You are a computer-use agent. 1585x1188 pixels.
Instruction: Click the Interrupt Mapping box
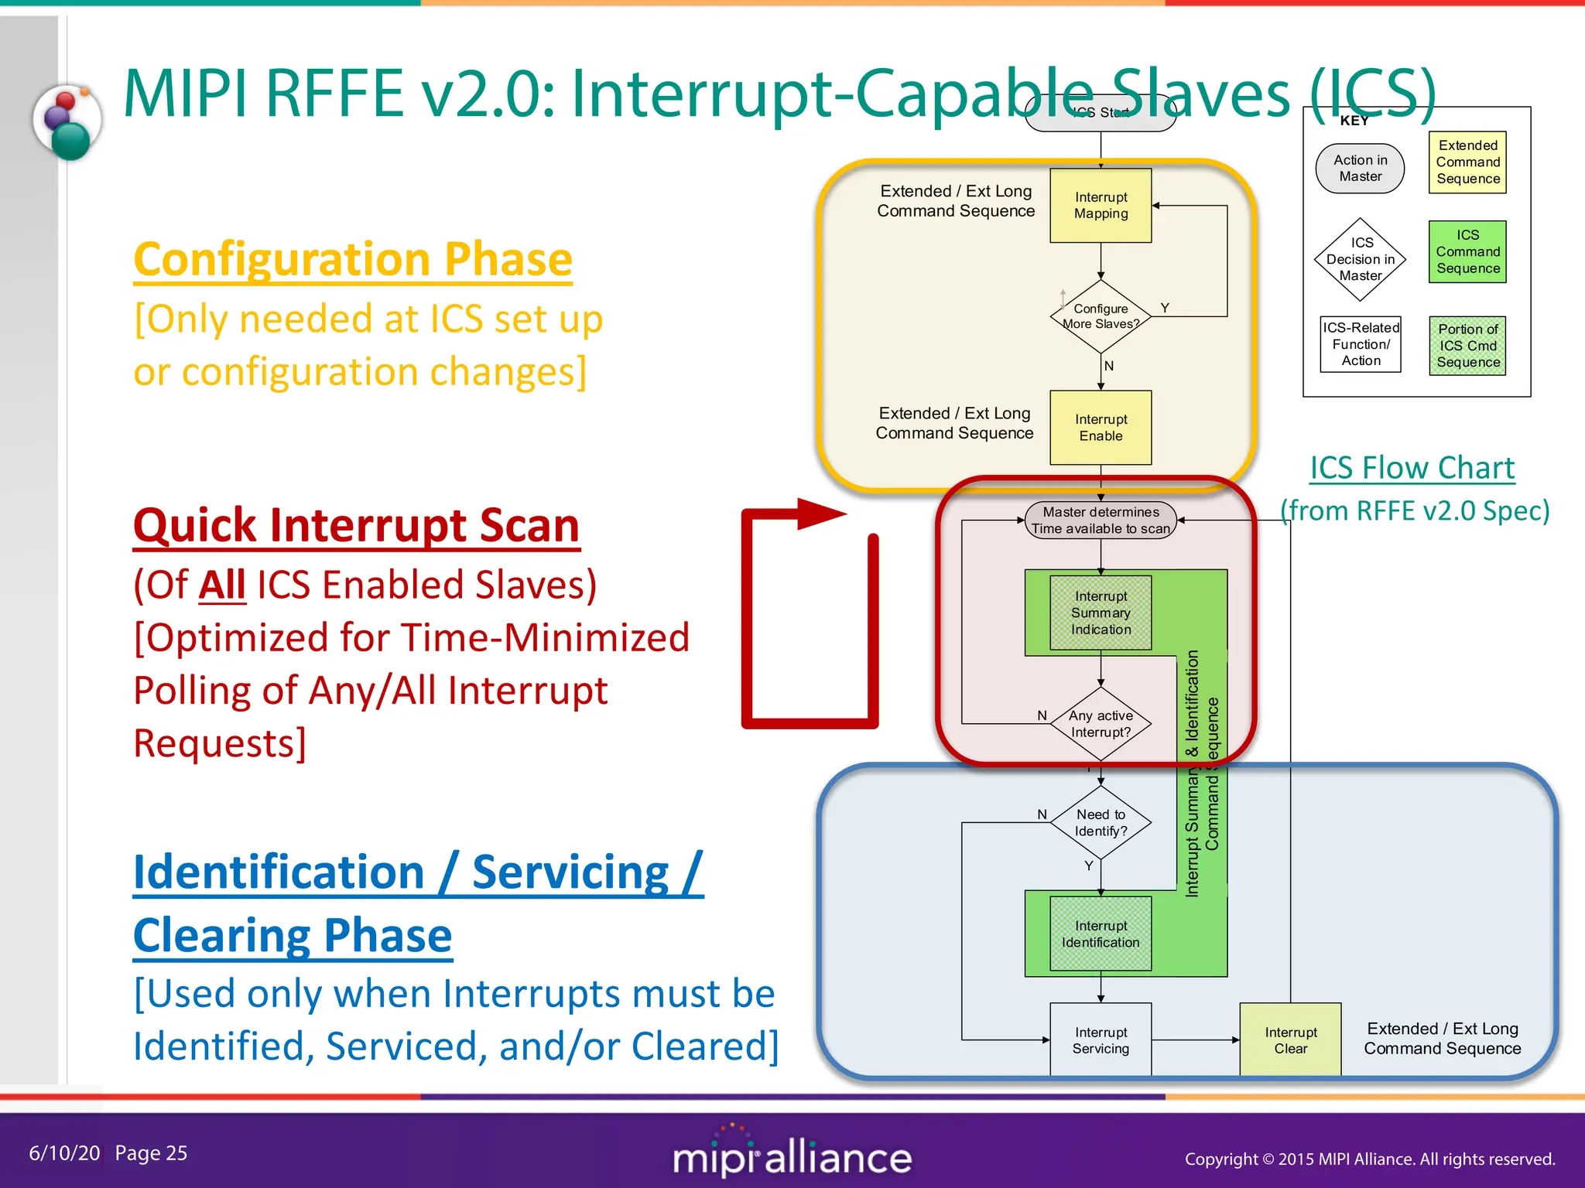tap(1100, 206)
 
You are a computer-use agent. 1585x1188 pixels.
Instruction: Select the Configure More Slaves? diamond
tap(1100, 316)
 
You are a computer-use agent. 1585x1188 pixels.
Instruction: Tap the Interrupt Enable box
tap(1100, 428)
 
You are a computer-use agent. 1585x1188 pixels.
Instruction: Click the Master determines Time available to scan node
tap(1100, 521)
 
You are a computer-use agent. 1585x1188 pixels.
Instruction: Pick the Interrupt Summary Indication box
tap(1100, 613)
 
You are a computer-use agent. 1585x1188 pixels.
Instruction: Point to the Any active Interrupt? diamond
tap(1100, 724)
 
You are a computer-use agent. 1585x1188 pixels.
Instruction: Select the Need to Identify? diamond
tap(1100, 823)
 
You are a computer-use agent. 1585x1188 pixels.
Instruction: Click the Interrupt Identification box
tap(1100, 934)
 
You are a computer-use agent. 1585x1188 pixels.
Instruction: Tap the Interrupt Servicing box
tap(1100, 1040)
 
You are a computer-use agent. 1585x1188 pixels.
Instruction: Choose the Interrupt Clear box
tap(1290, 1040)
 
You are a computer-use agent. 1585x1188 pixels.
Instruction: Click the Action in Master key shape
tap(1360, 169)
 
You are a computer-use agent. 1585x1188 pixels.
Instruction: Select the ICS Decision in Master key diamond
tap(1360, 260)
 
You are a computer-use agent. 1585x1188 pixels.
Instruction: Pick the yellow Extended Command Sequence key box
tap(1467, 162)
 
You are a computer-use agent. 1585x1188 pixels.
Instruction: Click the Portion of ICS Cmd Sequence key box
tap(1467, 346)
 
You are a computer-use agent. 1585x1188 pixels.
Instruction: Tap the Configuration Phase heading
tap(353, 259)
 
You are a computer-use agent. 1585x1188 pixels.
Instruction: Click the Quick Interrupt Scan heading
tap(356, 526)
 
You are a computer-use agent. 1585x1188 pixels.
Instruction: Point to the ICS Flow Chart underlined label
tap(1412, 469)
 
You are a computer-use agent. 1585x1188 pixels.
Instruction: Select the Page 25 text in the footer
tap(151, 1153)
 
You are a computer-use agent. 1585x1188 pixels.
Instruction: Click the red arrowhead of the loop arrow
tap(820, 514)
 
